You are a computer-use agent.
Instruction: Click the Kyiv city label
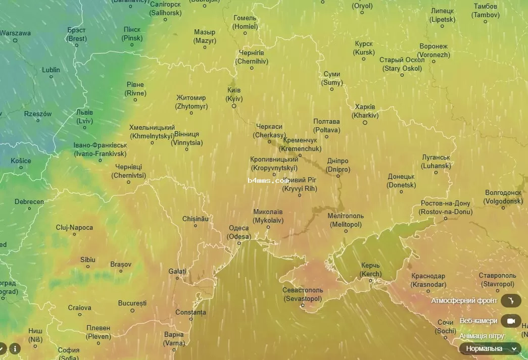234,94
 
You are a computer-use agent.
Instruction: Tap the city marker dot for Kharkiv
365,123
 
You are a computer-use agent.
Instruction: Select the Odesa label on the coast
239,232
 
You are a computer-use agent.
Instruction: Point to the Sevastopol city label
303,295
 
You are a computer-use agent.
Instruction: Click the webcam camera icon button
511,321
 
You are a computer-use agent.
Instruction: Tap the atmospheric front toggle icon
511,301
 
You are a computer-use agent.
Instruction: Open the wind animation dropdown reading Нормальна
490,348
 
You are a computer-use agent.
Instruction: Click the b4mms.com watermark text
268,180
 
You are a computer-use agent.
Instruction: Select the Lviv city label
84,117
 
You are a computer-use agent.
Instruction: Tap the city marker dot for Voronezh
434,62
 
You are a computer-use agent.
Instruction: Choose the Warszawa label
15,33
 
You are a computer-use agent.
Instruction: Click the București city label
132,303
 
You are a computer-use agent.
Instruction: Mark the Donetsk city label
402,181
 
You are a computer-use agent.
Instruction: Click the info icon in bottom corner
15,348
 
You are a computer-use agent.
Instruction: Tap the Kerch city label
370,270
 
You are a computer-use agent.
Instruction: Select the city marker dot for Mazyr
205,47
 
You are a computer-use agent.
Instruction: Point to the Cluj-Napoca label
74,228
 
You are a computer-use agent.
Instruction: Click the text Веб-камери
478,321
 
